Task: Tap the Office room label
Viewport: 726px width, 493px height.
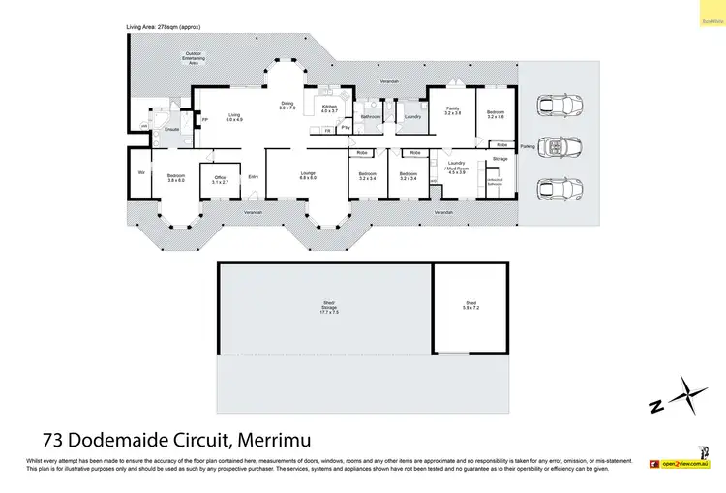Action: coord(220,178)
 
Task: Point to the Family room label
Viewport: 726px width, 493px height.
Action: coord(452,111)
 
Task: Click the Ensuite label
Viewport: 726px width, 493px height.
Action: coord(172,128)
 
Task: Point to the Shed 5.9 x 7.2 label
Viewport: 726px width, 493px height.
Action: coord(471,306)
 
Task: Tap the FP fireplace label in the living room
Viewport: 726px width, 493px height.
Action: coord(204,119)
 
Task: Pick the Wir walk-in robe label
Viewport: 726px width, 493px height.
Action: coord(141,172)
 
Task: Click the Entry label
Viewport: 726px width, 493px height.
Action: coord(254,176)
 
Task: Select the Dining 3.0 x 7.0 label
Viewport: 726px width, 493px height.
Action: coord(287,107)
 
